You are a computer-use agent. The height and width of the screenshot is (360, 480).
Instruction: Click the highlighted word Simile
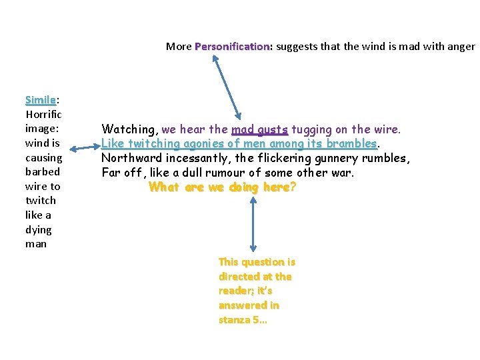40,100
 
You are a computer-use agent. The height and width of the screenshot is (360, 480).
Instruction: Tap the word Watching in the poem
129,129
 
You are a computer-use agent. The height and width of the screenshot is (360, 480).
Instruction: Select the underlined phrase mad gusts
259,129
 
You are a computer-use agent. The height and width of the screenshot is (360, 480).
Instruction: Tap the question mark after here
293,187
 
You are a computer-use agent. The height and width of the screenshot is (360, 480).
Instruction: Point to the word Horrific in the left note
43,114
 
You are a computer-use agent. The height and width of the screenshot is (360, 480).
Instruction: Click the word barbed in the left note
41,172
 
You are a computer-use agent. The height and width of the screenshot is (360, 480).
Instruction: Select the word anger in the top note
461,47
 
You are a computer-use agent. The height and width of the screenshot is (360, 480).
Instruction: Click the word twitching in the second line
155,144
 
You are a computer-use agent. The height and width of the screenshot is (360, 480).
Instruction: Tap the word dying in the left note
38,230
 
